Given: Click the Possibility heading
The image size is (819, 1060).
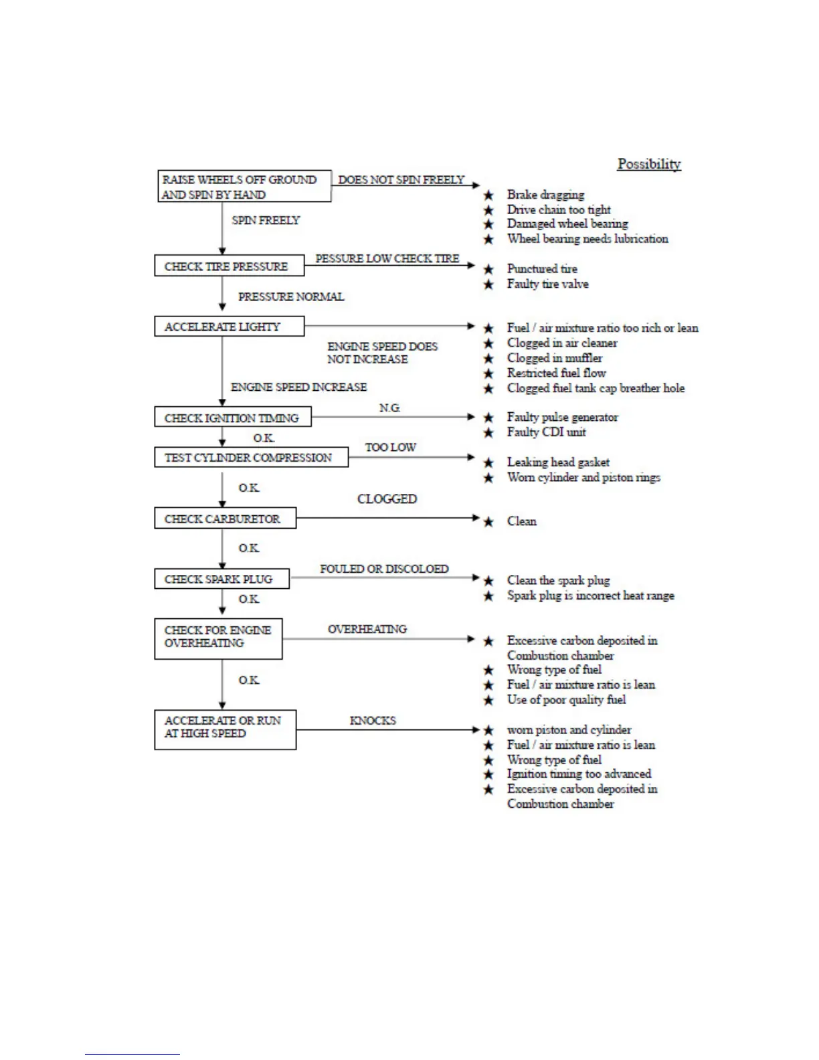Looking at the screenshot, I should click(648, 164).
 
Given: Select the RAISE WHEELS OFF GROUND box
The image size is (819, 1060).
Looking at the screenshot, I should click(244, 187).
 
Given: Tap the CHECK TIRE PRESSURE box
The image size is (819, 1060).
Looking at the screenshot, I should click(229, 266).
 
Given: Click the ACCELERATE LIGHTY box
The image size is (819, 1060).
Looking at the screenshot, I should click(229, 327).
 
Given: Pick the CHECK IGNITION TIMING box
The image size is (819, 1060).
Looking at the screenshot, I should click(232, 418).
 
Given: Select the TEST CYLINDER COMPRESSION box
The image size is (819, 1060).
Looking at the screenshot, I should click(251, 458).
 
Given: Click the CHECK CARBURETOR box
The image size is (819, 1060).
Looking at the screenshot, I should click(225, 519).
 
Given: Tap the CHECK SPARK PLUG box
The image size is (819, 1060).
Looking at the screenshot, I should click(221, 579).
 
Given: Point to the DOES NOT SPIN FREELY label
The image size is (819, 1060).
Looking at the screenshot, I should click(401, 180).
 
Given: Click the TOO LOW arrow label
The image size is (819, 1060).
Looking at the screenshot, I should click(390, 447).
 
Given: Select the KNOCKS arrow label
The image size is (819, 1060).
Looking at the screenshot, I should click(373, 721).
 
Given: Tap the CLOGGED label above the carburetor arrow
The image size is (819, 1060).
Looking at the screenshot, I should click(387, 499).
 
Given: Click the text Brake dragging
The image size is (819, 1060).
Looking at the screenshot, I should click(545, 195).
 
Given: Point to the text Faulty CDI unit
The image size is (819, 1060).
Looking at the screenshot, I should click(546, 432).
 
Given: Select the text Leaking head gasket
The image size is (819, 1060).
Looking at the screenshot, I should click(558, 462).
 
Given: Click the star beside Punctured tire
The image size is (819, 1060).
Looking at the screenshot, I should click(488, 269).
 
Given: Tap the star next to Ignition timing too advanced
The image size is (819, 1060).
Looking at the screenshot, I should click(488, 774).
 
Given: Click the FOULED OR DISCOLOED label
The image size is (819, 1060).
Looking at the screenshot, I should click(384, 569).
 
